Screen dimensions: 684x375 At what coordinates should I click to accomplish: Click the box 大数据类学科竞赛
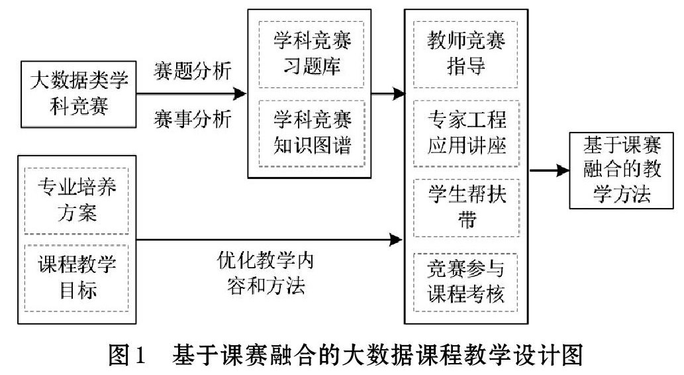(79, 94)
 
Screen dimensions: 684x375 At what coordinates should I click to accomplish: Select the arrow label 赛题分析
(193, 71)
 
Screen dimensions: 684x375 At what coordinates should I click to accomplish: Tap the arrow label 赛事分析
(193, 119)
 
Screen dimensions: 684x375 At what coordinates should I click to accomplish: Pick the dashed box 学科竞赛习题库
(311, 54)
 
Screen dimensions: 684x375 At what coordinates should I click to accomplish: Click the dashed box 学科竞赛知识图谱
(311, 134)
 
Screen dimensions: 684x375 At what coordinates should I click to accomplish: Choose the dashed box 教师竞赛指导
(465, 54)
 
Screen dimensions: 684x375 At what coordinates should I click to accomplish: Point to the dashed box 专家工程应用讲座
(466, 134)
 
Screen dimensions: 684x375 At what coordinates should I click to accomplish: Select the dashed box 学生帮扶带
(466, 208)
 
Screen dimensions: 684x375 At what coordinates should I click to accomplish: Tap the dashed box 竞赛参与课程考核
(465, 282)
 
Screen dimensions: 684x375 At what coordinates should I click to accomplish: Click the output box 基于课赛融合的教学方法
(621, 171)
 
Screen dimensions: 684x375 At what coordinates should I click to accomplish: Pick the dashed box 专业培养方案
(77, 201)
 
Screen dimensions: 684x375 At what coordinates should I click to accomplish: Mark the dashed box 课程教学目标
(77, 278)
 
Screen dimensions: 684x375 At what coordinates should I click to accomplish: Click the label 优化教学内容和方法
(266, 273)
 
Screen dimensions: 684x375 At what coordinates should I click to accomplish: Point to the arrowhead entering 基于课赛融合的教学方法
(563, 171)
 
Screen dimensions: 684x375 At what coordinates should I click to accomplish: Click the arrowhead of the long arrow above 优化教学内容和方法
(396, 240)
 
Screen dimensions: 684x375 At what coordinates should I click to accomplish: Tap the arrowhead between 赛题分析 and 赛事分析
(240, 93)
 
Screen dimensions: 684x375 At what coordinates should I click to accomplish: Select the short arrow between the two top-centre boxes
(388, 93)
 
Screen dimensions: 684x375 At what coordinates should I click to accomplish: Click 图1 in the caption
(126, 355)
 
